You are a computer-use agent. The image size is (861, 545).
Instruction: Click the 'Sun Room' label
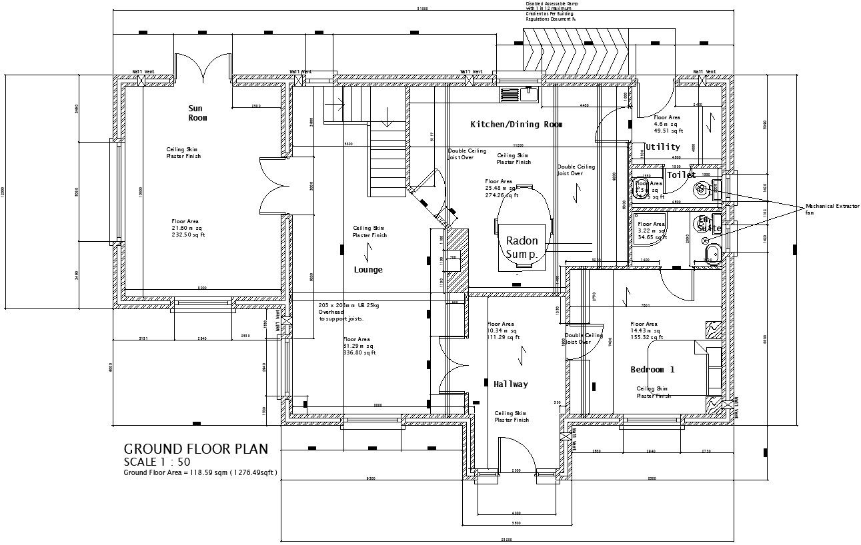197,113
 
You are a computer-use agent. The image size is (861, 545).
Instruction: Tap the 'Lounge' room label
368,270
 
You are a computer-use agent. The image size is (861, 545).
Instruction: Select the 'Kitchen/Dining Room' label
516,125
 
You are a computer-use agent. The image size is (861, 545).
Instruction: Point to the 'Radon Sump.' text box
522,247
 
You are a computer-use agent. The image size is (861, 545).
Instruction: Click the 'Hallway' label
511,384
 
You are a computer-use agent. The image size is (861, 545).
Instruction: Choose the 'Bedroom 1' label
652,370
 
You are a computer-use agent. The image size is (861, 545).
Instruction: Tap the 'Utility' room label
663,147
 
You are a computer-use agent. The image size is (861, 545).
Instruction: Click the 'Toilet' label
681,175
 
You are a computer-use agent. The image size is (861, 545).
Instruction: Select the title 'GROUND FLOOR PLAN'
196,449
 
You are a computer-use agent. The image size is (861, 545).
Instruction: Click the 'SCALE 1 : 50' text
157,462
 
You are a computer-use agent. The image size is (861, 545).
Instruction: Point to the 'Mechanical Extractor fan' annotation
832,209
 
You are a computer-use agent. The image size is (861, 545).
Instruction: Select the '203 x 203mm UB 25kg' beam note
348,304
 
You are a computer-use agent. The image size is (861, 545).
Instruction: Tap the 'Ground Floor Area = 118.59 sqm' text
200,473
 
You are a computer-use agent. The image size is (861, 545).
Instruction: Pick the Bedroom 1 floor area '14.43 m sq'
645,330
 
